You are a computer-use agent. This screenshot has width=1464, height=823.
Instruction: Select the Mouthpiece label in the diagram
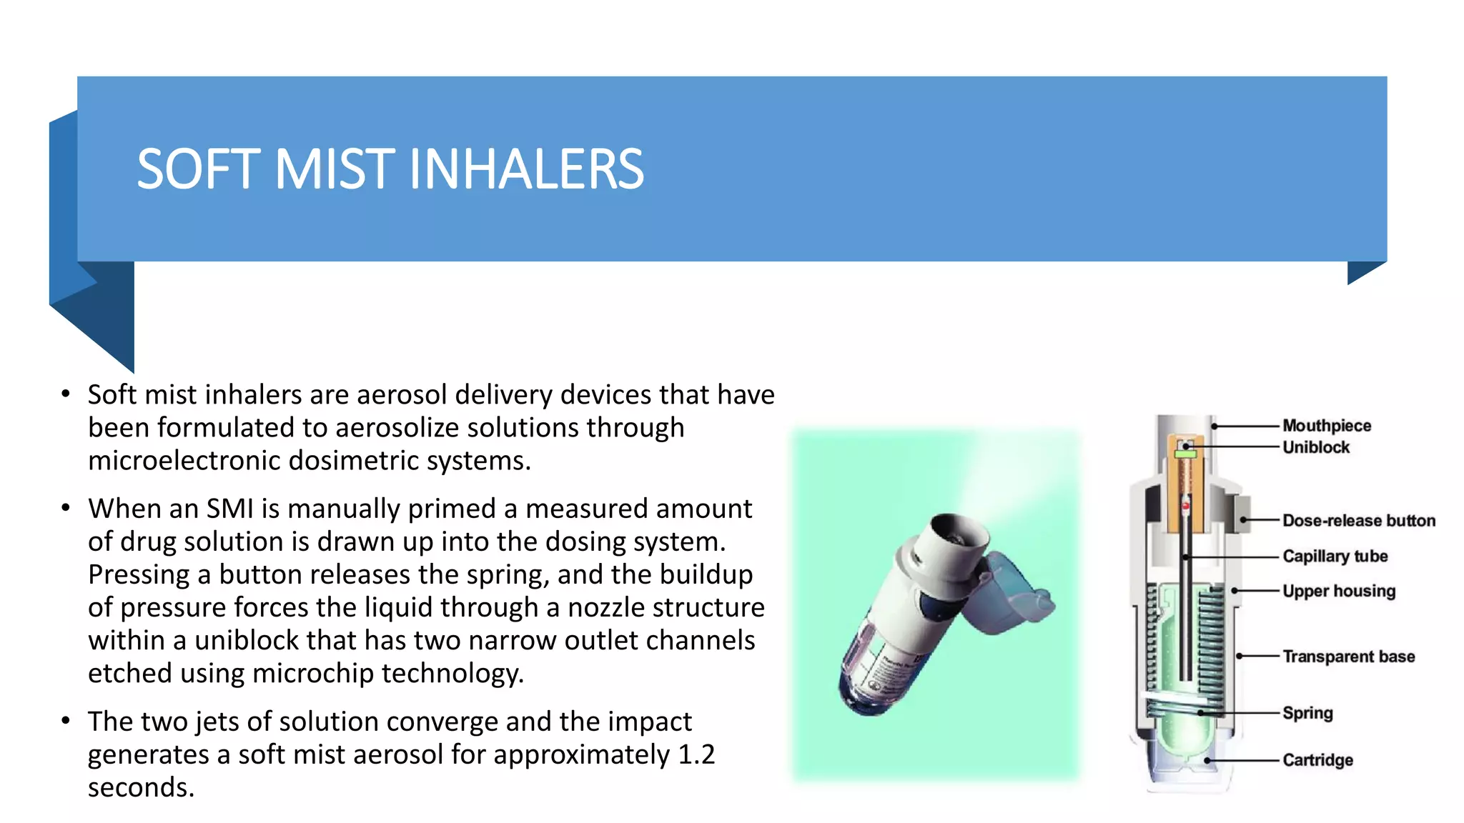point(1326,426)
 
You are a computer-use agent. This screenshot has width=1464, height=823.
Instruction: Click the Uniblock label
point(1315,447)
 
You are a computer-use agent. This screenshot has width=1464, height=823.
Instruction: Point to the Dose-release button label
point(1358,521)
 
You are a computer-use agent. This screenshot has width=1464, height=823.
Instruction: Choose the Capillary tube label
point(1335,557)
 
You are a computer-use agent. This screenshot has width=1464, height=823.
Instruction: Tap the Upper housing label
point(1338,592)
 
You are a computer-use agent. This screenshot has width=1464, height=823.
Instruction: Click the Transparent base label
point(1348,657)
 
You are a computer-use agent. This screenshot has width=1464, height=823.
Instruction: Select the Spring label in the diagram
point(1307,713)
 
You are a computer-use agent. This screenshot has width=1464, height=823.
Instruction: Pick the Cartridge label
point(1317,760)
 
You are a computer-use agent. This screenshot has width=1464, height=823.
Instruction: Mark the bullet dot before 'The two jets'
point(66,720)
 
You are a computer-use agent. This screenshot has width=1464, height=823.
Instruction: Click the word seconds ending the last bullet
point(141,787)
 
